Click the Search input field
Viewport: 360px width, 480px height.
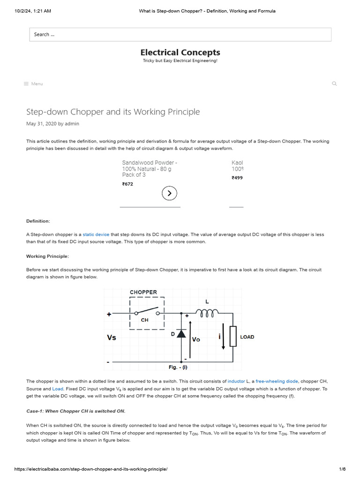180,34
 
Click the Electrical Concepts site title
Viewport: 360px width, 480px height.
180,52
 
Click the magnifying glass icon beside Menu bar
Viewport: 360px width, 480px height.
334,84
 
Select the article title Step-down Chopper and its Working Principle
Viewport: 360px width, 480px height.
113,112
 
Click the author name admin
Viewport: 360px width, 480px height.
72,124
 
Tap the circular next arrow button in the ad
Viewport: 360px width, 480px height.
170,193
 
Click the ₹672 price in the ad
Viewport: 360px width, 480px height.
127,184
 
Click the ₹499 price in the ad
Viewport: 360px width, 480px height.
237,178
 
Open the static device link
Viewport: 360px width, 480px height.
96,234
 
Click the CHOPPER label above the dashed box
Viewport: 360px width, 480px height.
143,292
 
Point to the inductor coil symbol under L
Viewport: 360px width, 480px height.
207,313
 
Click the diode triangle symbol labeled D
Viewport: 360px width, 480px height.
180,333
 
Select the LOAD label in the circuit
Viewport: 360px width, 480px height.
247,337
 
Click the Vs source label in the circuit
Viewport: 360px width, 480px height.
112,337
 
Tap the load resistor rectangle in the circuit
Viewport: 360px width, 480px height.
233,336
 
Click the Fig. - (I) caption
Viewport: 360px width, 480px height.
178,367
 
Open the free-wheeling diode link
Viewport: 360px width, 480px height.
277,382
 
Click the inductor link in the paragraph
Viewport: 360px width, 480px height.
236,382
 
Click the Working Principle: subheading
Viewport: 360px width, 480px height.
47,256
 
